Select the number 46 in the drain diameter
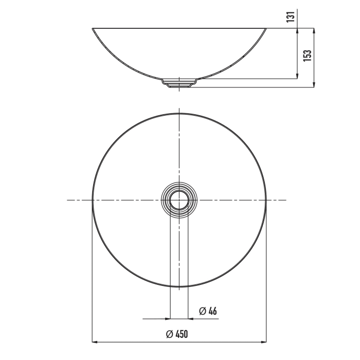click(x=212, y=311)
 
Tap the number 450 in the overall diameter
click(x=182, y=334)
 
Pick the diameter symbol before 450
click(x=169, y=334)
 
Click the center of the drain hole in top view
click(x=179, y=199)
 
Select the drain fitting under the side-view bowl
click(x=179, y=82)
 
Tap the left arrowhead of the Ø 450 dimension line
click(x=94, y=341)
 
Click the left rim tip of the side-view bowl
click(x=93, y=28)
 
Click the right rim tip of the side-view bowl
click(x=266, y=28)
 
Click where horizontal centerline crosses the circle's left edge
click(x=92, y=199)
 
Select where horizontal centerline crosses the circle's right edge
click(x=266, y=199)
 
